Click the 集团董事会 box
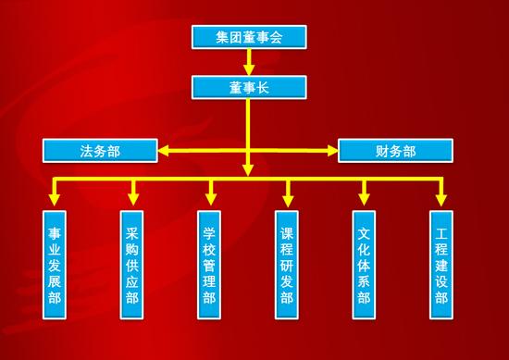point(248,36)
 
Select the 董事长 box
point(248,86)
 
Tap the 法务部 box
point(100,149)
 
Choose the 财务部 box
point(396,149)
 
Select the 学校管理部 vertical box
point(210,264)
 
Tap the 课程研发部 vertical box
point(288,264)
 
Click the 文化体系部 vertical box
point(365,264)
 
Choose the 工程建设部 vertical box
point(441,264)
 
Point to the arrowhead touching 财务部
point(332,149)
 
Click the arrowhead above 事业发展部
point(56,198)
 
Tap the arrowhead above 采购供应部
point(133,198)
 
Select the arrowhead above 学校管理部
point(210,198)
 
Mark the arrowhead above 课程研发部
point(288,198)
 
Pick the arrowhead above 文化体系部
point(365,198)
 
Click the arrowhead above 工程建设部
point(441,198)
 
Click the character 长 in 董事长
point(266,86)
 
